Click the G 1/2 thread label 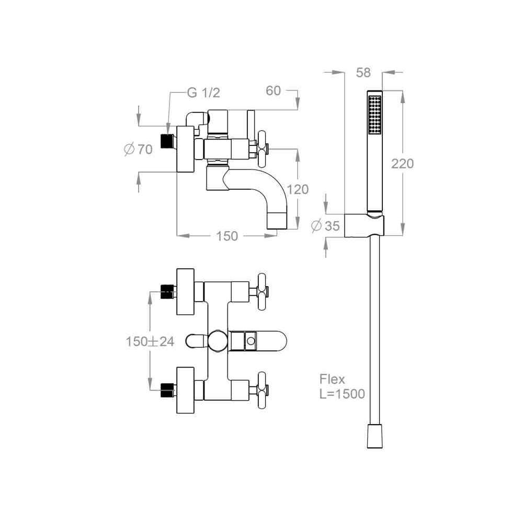tap(203, 93)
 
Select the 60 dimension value tap(273, 90)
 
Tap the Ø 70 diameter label tap(138, 149)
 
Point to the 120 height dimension tap(298, 189)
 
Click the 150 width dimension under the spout tap(227, 236)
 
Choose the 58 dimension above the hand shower tap(363, 72)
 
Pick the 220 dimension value tap(402, 163)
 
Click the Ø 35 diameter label tap(325, 226)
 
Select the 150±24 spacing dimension tap(150, 341)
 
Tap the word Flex tap(332, 379)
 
